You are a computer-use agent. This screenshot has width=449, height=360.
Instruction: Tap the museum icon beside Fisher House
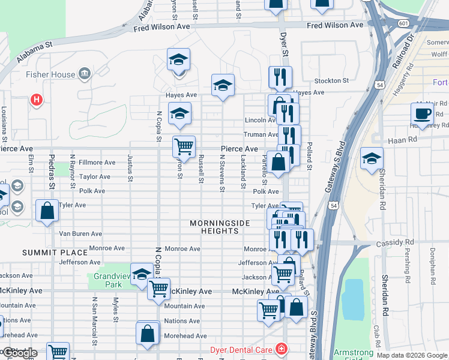85,74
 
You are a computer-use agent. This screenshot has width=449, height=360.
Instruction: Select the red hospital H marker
37,100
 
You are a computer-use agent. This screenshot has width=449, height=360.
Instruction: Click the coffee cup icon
422,113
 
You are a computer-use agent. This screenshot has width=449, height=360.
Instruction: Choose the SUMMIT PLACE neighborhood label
47,253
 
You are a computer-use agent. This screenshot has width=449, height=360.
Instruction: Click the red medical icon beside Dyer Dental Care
280,349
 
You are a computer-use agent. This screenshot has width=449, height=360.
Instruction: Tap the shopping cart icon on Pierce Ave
184,146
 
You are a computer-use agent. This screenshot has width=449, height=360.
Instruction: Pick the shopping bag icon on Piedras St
47,211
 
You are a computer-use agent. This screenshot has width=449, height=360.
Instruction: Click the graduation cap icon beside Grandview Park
141,274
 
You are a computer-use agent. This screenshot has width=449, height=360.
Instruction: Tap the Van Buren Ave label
80,233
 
